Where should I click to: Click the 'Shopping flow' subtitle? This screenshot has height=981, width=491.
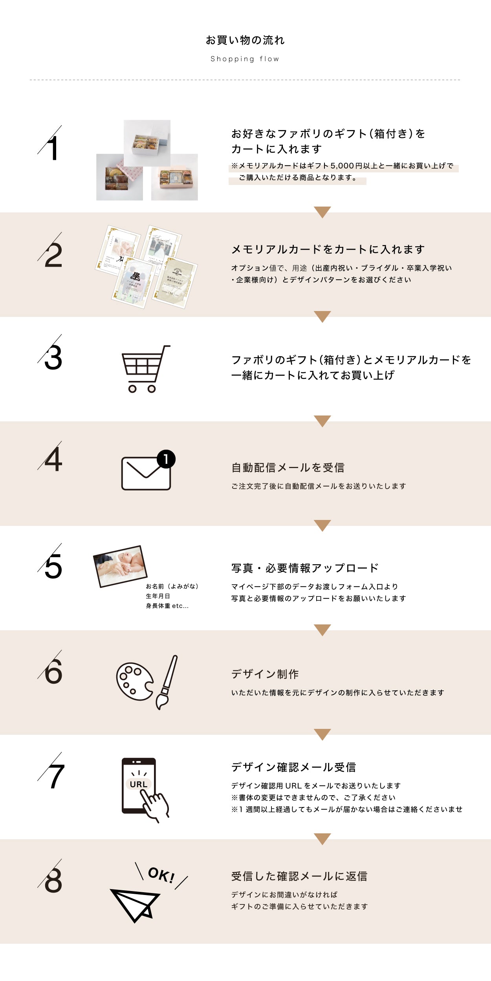click(x=245, y=59)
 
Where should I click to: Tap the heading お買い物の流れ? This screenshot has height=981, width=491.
click(x=245, y=40)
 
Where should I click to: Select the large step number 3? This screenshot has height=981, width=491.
click(x=53, y=357)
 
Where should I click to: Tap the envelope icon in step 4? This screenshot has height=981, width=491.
click(x=145, y=474)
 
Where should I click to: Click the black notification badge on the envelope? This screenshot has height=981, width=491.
click(x=166, y=459)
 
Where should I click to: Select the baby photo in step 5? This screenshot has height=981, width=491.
click(x=120, y=566)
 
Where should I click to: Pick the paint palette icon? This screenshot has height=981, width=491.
click(x=134, y=681)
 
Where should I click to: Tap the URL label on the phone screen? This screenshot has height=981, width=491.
click(x=138, y=784)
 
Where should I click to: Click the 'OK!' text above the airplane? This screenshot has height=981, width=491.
click(x=161, y=875)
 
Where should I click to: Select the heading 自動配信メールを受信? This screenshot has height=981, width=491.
click(x=288, y=467)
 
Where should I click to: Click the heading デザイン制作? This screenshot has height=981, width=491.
click(x=265, y=674)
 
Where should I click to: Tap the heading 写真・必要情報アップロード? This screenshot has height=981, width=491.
click(x=305, y=568)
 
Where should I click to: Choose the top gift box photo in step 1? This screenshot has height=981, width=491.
click(x=147, y=143)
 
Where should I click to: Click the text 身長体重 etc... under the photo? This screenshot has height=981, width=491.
click(x=167, y=606)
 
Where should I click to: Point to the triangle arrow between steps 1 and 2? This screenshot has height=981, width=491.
click(x=322, y=212)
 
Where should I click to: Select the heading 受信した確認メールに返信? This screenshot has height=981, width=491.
click(x=299, y=876)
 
